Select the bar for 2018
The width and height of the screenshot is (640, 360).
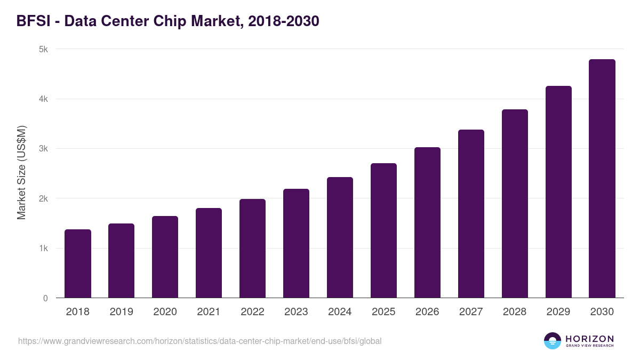point(78,263)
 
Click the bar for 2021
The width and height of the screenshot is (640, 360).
point(209,253)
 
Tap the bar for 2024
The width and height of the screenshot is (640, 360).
point(340,237)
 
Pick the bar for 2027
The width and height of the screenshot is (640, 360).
point(471,213)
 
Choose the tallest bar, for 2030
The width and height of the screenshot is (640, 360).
point(602,179)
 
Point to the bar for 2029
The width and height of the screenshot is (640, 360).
point(558,192)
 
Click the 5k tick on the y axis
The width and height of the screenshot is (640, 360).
point(43,49)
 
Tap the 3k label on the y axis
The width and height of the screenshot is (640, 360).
point(43,149)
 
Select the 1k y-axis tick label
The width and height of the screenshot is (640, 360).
point(43,249)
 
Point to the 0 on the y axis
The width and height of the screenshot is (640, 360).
point(45,298)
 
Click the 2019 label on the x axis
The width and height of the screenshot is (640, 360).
point(122,312)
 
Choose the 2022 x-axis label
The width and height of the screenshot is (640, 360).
point(252,312)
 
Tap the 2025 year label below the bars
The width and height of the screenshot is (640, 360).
point(383,312)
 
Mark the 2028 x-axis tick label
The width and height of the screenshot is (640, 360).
point(515,312)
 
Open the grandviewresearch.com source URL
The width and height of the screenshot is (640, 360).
point(200,341)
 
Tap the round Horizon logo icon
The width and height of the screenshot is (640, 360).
point(553,341)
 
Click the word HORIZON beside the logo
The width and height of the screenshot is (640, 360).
point(589,339)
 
